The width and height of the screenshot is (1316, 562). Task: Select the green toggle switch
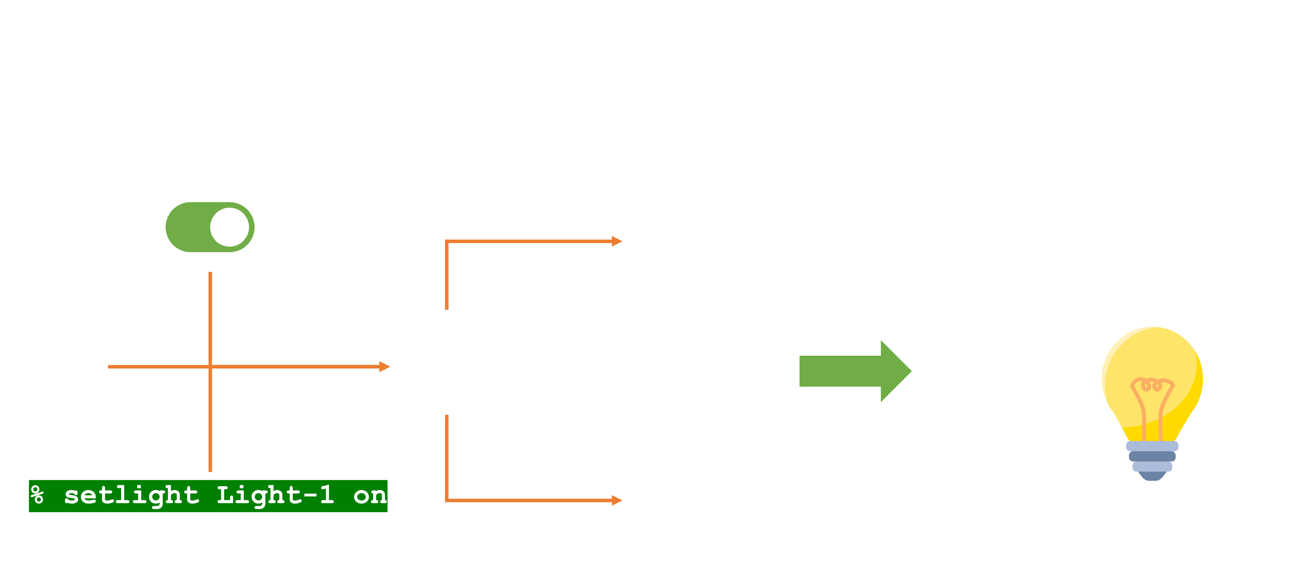(x=209, y=227)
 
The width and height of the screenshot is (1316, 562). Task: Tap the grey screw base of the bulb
(x=1151, y=460)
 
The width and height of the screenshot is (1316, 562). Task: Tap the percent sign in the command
(x=37, y=495)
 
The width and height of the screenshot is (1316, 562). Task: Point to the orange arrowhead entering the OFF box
(x=617, y=241)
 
